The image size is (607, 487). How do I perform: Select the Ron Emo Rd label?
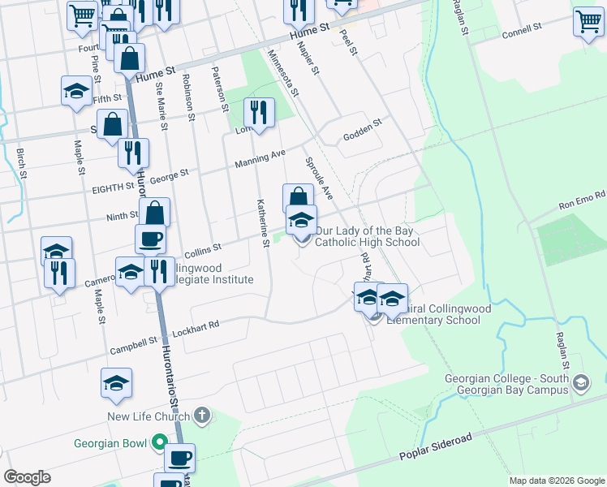583,198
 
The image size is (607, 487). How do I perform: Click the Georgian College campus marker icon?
581,381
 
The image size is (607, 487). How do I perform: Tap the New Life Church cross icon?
202,417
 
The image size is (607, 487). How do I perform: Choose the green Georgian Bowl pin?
160,443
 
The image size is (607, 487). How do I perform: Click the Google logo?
27,477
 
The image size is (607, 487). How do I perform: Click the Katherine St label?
263,222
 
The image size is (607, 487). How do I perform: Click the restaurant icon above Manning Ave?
259,114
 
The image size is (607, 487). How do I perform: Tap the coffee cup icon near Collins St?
151,239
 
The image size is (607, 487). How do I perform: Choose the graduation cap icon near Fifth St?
76,92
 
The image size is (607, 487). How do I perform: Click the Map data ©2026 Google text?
557,481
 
